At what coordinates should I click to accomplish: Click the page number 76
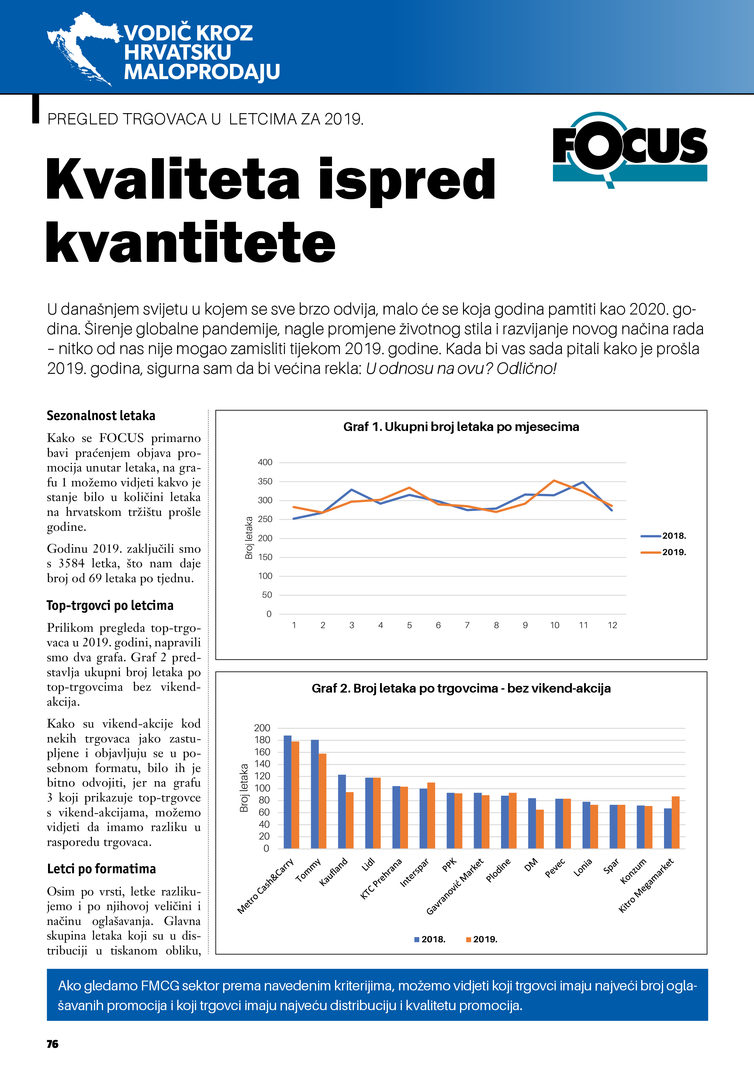pyautogui.click(x=53, y=1044)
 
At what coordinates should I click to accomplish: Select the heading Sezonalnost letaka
pyautogui.click(x=101, y=415)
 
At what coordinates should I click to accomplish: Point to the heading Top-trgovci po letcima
pyautogui.click(x=110, y=605)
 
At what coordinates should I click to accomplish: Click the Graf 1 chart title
pyautogui.click(x=461, y=427)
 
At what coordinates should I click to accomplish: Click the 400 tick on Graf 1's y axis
pyautogui.click(x=265, y=462)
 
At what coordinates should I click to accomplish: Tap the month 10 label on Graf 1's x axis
pyautogui.click(x=555, y=625)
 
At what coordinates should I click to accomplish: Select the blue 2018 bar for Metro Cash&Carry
pyautogui.click(x=288, y=792)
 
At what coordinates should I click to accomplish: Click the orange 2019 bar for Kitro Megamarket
pyautogui.click(x=676, y=822)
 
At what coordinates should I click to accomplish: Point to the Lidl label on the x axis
pyautogui.click(x=368, y=864)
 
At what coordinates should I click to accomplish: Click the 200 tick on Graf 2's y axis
pyautogui.click(x=262, y=728)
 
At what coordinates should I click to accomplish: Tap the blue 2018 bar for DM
pyautogui.click(x=532, y=823)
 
